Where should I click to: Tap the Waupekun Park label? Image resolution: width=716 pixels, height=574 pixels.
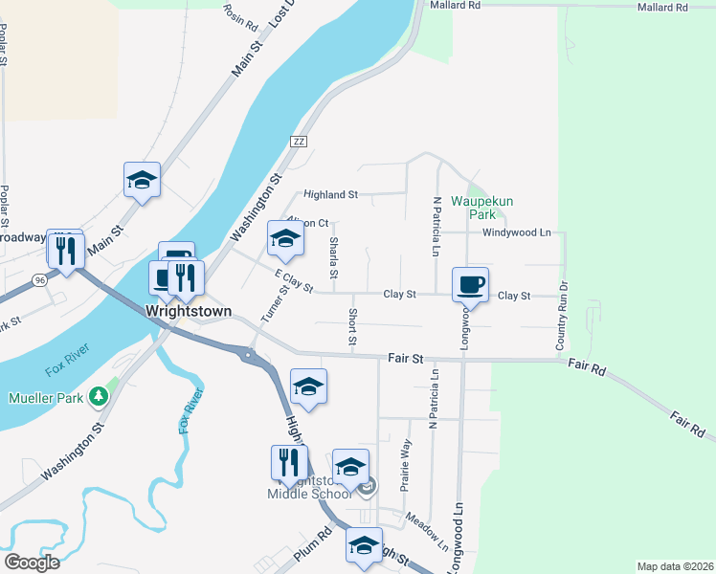(x=470, y=209)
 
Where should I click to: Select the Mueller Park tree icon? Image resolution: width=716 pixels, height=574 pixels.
(x=98, y=396)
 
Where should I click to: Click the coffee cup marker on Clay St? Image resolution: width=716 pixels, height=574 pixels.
(x=470, y=285)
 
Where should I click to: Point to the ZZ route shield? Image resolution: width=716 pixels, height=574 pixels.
(x=300, y=142)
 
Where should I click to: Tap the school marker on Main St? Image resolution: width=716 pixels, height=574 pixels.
(x=142, y=180)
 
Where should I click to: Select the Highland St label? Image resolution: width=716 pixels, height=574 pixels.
(x=330, y=194)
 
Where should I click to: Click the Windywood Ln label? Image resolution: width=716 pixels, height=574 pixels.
(x=517, y=232)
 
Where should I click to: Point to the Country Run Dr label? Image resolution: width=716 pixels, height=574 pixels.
(x=562, y=314)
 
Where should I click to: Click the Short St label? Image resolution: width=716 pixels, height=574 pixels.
(x=352, y=327)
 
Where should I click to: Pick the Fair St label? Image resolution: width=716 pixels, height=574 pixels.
(x=406, y=359)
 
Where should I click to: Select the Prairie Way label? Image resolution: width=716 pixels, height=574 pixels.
(x=406, y=464)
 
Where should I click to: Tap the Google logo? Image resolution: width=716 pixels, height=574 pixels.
(x=32, y=563)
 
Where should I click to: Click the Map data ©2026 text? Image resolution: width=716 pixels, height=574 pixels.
(x=674, y=566)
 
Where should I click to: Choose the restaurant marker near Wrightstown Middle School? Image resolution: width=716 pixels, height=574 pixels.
(x=288, y=463)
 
